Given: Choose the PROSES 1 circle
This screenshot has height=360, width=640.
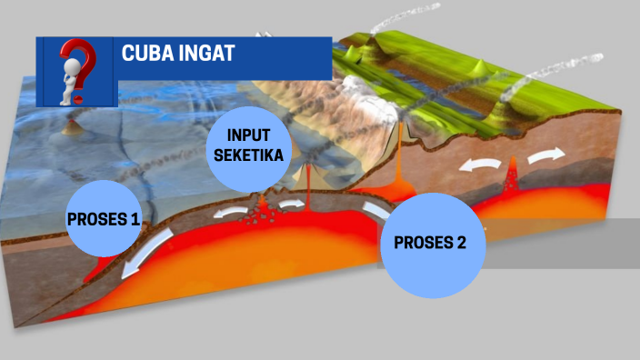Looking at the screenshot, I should coord(104,219).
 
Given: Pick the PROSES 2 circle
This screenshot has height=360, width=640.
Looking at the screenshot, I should coord(433,244).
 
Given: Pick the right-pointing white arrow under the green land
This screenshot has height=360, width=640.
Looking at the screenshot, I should coord(546,157).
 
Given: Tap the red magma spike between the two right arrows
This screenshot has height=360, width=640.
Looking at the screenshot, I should coord(514,170).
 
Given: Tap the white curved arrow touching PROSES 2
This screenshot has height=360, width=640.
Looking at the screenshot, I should coord(375,211).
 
